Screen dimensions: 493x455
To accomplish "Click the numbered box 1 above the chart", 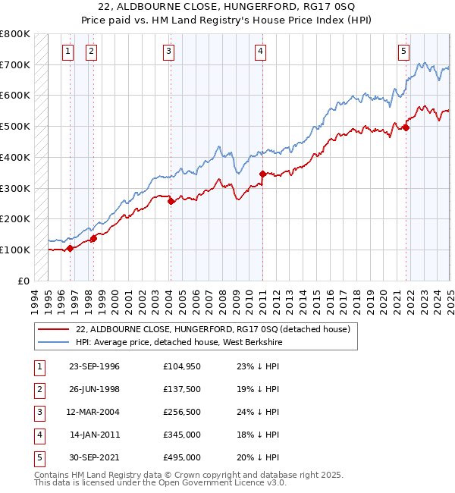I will click(x=68, y=52).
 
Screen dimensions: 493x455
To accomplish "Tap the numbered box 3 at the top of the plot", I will click(x=168, y=52).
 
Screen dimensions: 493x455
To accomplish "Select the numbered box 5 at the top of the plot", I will click(x=403, y=52).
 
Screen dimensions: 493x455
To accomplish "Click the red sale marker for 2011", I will click(x=262, y=174).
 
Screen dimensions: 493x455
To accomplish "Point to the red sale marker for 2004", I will click(x=171, y=201).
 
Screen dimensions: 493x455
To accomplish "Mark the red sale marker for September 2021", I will click(x=406, y=127).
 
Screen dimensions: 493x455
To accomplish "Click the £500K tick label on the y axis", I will click(x=14, y=126).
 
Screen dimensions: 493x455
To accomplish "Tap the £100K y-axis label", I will click(x=14, y=250).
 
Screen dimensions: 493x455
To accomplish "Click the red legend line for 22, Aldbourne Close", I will click(x=54, y=329).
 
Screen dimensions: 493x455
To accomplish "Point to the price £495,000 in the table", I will click(x=181, y=457).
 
